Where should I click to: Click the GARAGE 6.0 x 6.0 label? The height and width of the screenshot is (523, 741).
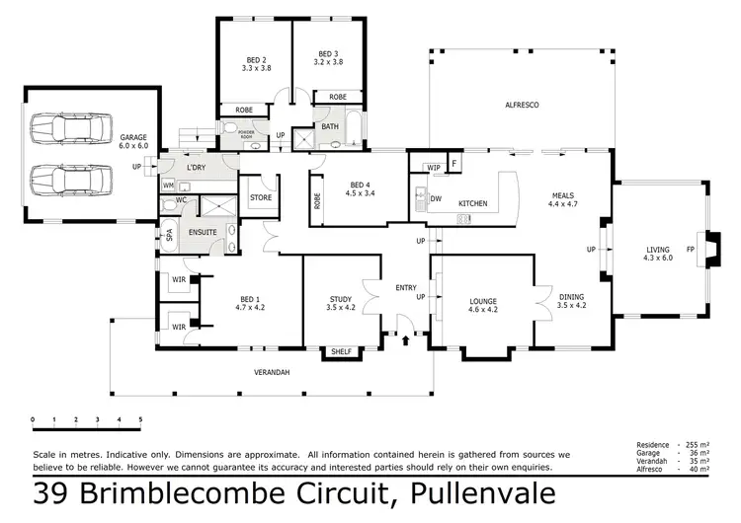(134, 141)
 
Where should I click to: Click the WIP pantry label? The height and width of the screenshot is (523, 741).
(434, 168)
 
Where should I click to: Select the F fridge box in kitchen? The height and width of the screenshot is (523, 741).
(455, 163)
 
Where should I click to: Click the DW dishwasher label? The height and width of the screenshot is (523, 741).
(436, 199)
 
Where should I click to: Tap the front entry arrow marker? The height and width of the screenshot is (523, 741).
(407, 339)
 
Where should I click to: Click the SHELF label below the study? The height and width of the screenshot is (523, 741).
(341, 351)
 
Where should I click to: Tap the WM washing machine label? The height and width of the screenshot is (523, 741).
(169, 185)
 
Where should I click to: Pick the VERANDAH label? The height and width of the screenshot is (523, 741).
(270, 372)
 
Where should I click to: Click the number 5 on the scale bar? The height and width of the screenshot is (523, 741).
(140, 419)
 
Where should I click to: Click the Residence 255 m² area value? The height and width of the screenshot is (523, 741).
(700, 445)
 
